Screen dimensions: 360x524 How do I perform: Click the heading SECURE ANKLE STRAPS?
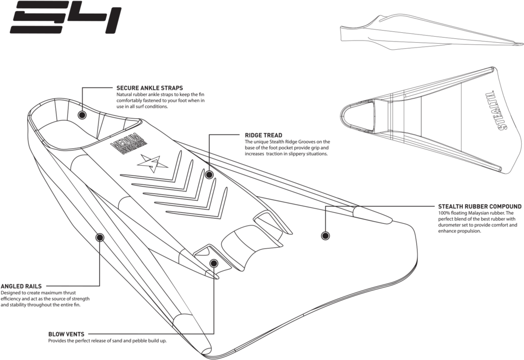point(149,88)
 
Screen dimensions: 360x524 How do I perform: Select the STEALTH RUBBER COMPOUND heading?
point(480,207)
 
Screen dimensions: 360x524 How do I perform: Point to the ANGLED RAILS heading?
point(21,286)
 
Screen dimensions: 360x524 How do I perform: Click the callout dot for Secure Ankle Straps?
point(82,115)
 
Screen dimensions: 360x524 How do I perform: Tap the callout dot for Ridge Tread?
point(209,175)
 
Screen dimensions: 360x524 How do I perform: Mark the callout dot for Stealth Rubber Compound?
point(325,236)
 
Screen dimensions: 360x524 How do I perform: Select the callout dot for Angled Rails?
point(100,237)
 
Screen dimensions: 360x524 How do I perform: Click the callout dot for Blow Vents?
point(214,264)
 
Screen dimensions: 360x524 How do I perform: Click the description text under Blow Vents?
point(107,340)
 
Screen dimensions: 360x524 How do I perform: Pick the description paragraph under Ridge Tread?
point(287,148)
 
